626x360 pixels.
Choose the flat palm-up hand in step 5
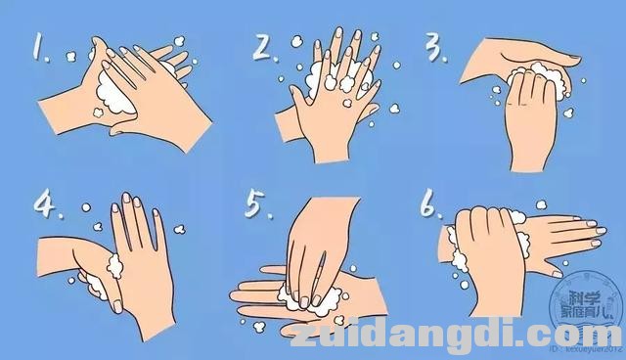click(x=284, y=294)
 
